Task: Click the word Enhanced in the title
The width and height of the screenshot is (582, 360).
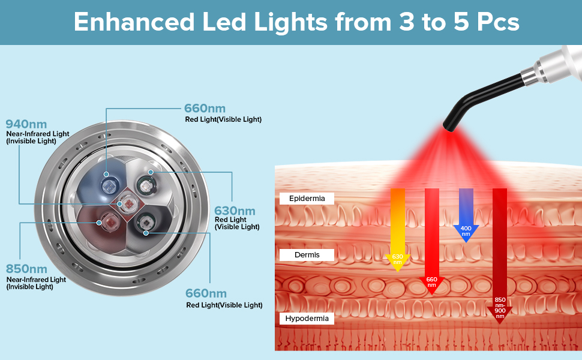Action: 134,22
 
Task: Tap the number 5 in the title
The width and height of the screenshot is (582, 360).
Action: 461,22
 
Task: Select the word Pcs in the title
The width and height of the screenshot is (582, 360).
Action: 498,22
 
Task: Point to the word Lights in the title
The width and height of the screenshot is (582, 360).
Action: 290,22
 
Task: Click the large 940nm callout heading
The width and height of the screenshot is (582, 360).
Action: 26,124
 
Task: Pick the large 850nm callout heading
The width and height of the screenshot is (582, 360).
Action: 26,269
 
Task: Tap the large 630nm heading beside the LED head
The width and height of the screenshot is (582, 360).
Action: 235,211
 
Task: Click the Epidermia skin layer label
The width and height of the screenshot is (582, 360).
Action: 307,199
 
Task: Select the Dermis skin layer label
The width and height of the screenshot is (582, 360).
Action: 307,255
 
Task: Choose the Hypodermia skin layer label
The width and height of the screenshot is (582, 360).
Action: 307,319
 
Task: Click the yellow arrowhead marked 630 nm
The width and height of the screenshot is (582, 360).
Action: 398,262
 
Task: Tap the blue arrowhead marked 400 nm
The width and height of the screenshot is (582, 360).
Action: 466,232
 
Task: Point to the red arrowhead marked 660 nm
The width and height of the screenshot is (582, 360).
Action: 431,284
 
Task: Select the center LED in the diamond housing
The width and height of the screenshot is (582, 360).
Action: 128,204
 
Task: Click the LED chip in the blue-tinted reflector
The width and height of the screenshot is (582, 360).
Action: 110,187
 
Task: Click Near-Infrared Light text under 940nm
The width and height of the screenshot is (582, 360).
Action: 37,134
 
